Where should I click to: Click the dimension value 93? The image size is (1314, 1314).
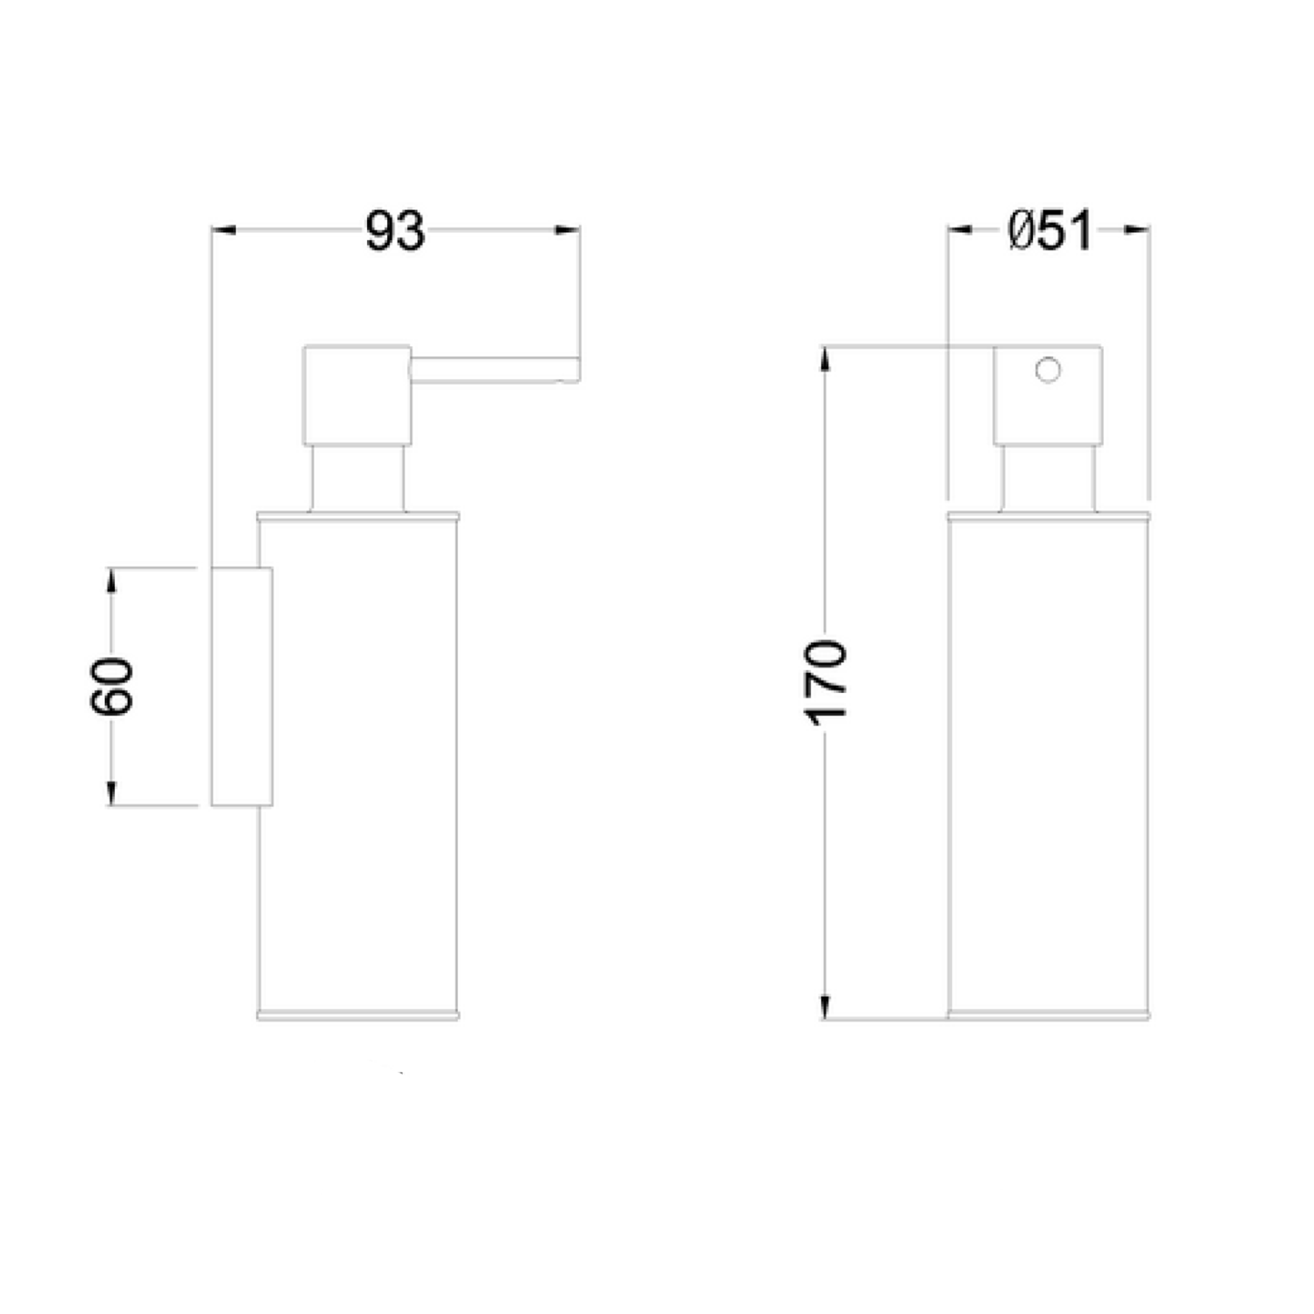[395, 231]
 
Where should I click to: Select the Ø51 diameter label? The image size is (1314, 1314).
[1049, 231]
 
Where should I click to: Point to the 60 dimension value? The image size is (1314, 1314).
[112, 686]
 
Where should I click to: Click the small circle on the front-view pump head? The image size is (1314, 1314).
[1048, 371]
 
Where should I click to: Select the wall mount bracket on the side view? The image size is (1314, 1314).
[242, 686]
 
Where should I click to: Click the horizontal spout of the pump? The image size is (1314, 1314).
[491, 369]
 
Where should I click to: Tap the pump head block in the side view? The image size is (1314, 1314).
[357, 395]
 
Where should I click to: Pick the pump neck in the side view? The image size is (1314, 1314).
[357, 477]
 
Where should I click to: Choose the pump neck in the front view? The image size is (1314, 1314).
[1048, 477]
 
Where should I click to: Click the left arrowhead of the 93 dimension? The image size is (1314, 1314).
[224, 230]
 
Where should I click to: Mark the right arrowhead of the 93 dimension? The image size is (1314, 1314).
[568, 230]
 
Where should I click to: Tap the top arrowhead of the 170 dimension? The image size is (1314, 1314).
[824, 360]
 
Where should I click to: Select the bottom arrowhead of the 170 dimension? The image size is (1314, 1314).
[824, 1007]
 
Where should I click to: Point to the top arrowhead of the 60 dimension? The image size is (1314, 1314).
[111, 580]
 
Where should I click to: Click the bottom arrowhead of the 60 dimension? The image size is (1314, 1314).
[111, 793]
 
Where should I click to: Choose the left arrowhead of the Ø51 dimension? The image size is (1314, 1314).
[961, 230]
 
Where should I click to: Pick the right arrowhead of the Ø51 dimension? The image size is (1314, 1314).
[1137, 230]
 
